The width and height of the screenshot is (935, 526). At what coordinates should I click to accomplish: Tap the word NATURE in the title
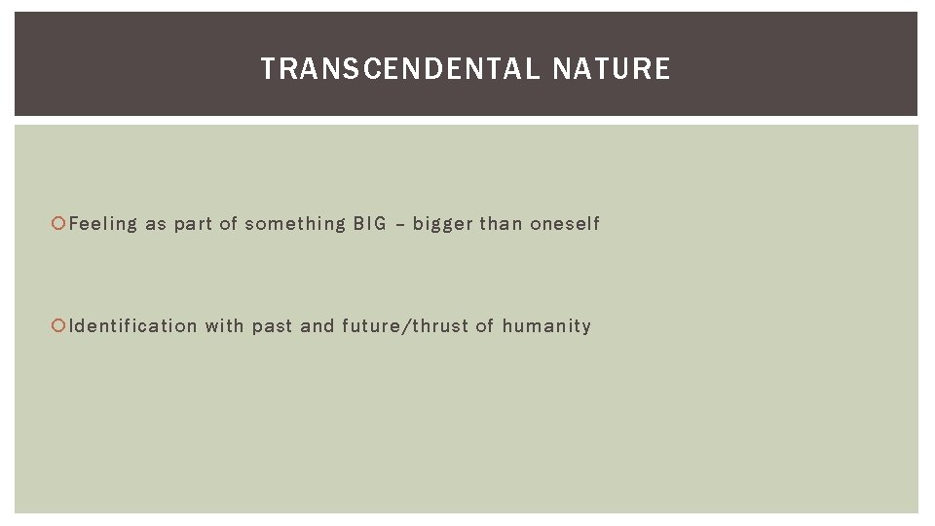click(612, 69)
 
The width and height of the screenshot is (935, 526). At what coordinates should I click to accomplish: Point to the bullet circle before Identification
click(61, 326)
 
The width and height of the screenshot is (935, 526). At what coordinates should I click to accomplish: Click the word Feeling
click(103, 224)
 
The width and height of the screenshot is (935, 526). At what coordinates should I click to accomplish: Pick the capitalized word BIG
click(369, 224)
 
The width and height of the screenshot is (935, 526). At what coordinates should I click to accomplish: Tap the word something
click(295, 224)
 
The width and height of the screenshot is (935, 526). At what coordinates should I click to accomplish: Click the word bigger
click(442, 225)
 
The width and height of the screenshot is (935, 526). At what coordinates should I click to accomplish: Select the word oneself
click(565, 224)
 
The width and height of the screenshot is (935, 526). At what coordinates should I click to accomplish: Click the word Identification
click(133, 325)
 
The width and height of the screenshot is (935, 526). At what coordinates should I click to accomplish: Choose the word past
click(273, 326)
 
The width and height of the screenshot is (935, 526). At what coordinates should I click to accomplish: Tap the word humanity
click(546, 326)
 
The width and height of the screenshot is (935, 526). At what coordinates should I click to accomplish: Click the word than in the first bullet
click(501, 224)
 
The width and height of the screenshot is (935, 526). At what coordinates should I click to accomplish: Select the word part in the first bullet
click(193, 225)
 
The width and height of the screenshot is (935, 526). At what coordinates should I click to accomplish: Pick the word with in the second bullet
click(224, 325)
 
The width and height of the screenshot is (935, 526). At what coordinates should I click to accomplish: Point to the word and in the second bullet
click(317, 325)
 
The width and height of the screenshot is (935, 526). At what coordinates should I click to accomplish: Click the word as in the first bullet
click(156, 225)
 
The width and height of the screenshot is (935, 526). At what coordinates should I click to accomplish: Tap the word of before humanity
click(485, 325)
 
